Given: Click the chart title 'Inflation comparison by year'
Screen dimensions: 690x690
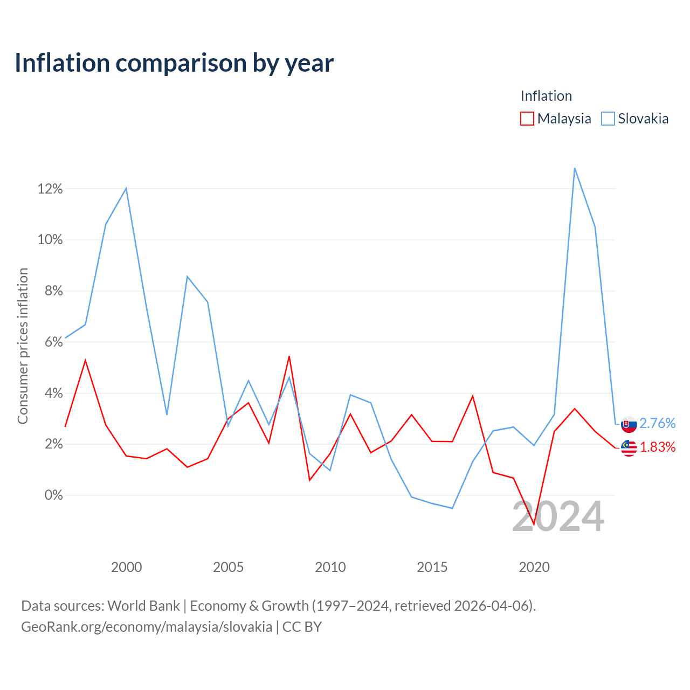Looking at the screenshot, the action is [x=174, y=64].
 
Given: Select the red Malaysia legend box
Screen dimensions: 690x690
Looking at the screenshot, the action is [x=527, y=119].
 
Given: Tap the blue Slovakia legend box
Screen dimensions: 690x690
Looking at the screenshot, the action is [x=608, y=119].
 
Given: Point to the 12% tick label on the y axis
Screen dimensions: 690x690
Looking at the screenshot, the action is [x=50, y=189].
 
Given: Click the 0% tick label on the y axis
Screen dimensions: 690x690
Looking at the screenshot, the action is [x=54, y=495].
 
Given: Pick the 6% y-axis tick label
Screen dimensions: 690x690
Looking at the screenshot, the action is [x=54, y=342].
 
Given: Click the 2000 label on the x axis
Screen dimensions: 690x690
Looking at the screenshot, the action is [x=126, y=567].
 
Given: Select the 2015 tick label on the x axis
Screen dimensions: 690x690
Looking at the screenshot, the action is [x=432, y=567].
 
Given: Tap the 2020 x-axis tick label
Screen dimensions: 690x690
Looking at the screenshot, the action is [x=534, y=567].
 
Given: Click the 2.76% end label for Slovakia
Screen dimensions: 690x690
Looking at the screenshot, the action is [x=658, y=423].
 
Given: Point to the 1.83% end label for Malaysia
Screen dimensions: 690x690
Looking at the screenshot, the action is [x=658, y=447].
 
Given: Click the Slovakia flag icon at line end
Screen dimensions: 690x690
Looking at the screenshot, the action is [x=629, y=425].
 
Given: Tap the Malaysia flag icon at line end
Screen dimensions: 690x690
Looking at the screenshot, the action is [x=629, y=448].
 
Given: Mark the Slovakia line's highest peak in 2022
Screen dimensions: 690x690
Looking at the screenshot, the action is [x=575, y=168].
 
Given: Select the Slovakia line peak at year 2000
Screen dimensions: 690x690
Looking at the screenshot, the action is [x=126, y=188].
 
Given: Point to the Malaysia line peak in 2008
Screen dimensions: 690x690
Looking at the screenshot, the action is [x=289, y=356].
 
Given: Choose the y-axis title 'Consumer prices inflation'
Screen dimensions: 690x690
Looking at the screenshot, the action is [x=23, y=346].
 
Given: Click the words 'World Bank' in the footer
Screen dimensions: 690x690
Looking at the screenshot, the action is [x=143, y=606].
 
